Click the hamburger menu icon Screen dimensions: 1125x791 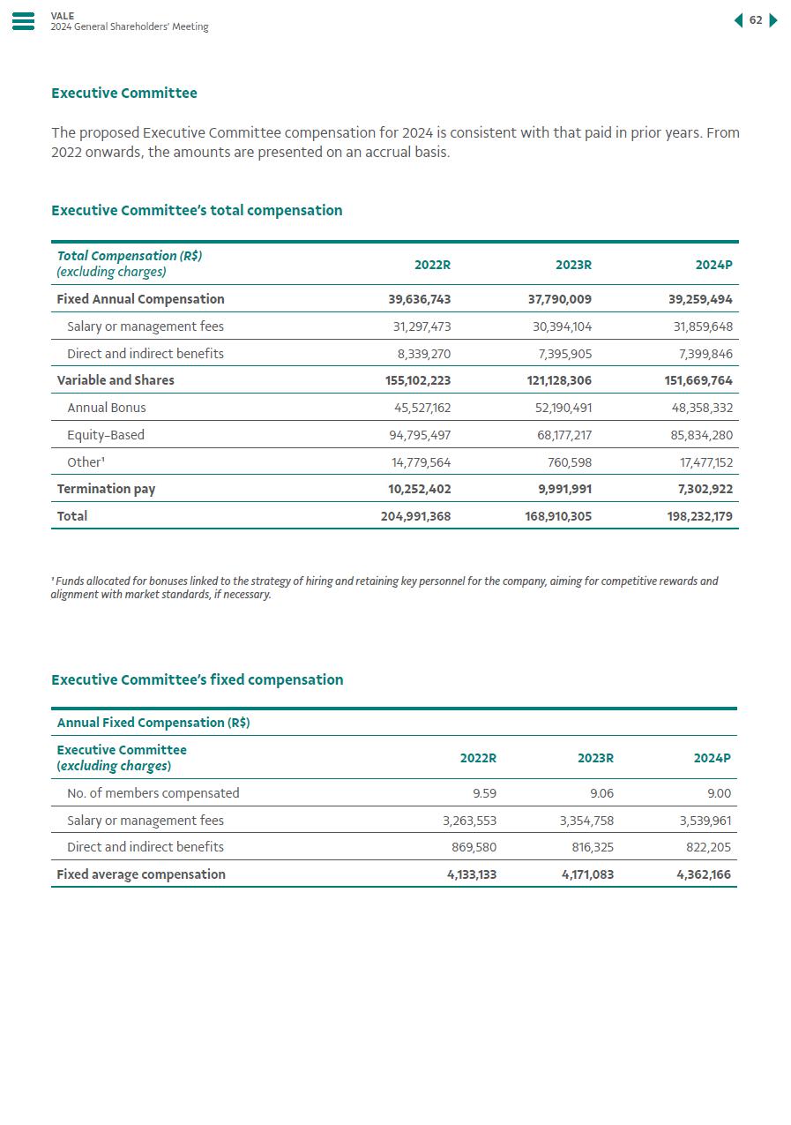[24, 21]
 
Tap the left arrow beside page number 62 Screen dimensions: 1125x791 [738, 20]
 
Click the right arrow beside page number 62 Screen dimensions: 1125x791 [773, 20]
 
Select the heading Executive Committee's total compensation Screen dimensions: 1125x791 [197, 210]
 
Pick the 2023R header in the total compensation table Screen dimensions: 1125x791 [573, 265]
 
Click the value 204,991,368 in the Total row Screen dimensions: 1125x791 [415, 516]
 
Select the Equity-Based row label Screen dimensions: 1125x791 [106, 435]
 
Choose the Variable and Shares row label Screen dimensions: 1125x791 [116, 380]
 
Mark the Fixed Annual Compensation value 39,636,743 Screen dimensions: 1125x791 [419, 299]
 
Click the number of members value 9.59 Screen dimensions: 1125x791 [484, 793]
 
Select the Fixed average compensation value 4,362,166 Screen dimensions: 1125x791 [704, 874]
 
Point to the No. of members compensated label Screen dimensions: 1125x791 [153, 793]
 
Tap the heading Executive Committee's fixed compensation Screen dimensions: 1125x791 [197, 679]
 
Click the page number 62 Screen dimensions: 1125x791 [756, 20]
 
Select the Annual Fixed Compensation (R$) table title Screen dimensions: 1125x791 [153, 723]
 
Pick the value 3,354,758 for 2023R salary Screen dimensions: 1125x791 [586, 821]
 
